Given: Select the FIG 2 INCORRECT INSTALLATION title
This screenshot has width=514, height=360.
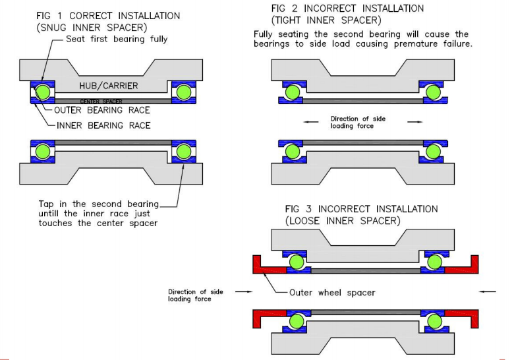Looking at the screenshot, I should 348,9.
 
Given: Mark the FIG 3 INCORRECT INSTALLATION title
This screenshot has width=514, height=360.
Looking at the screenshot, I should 361,209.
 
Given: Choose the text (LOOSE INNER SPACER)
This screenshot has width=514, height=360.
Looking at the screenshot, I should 343,221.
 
